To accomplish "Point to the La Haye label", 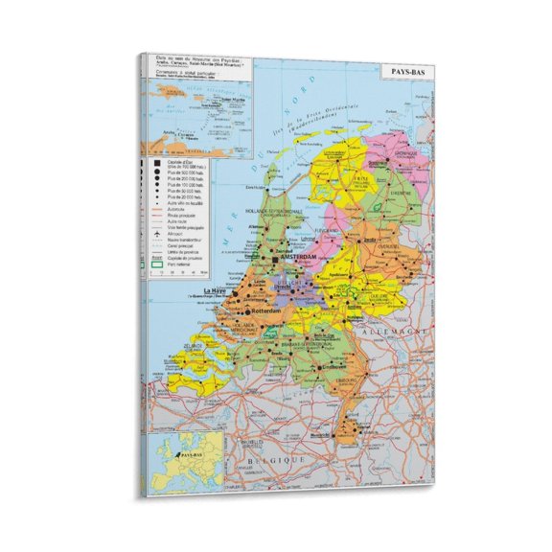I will [x=218, y=290].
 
